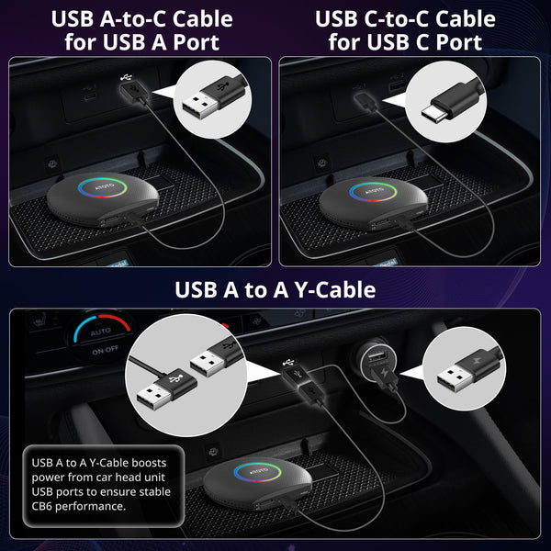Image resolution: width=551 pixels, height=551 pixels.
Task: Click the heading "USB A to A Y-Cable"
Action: coord(275,290)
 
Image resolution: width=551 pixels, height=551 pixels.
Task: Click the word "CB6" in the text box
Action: coord(44,506)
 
